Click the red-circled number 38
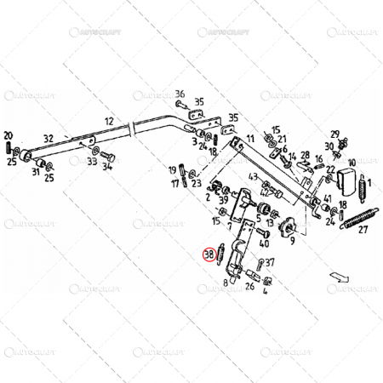207,253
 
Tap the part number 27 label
363,229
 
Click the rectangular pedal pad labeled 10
346,180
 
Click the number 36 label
180,94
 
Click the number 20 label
9,135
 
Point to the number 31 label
37,173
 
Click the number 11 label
250,139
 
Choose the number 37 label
269,263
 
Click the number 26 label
249,286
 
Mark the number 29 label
335,134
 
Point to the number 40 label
265,243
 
